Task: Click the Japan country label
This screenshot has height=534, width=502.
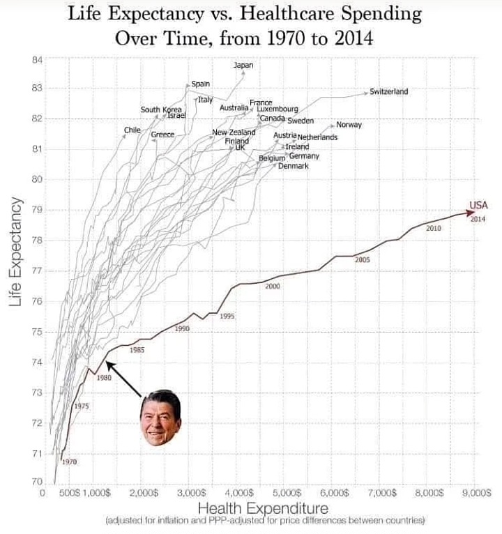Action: click(243, 66)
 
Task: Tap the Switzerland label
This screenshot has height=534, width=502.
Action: click(388, 91)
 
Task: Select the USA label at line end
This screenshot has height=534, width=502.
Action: click(478, 205)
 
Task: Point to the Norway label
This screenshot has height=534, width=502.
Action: click(349, 125)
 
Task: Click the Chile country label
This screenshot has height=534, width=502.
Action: click(132, 130)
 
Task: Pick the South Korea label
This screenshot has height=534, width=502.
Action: click(161, 109)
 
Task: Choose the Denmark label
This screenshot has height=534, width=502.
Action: click(293, 166)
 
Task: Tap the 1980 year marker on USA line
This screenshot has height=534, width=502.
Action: click(104, 378)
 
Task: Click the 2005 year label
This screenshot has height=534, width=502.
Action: click(362, 259)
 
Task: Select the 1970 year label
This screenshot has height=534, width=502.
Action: click(68, 461)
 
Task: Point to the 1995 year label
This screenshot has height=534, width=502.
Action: click(227, 316)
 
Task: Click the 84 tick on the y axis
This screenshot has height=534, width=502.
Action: click(37, 59)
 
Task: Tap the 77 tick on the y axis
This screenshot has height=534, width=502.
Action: click(37, 271)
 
